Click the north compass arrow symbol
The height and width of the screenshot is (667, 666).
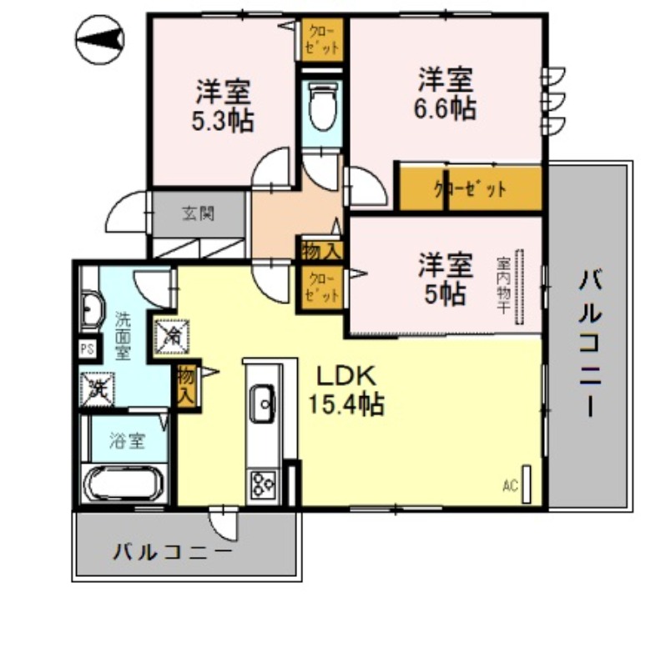coord(99,38)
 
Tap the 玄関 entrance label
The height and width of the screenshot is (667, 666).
coord(199,213)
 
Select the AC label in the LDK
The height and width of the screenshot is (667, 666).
coord(509,484)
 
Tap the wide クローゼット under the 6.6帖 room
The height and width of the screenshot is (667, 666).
coord(469,188)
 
